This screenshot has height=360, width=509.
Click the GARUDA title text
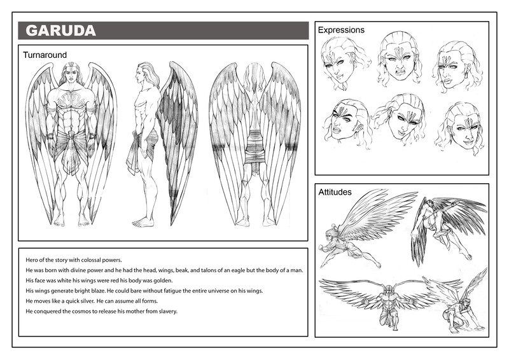(60, 31)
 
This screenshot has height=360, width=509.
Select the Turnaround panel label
(45, 55)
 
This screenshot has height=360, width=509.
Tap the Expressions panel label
(341, 30)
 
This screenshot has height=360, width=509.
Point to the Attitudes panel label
(335, 192)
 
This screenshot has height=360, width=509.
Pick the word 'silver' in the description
(87, 301)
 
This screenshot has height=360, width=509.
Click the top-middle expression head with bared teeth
(398, 59)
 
